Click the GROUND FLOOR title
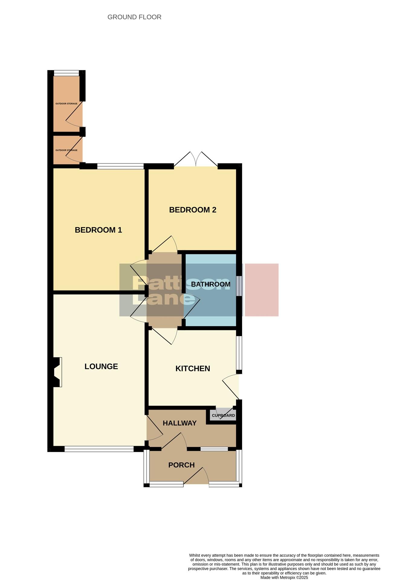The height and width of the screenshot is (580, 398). (x=134, y=17)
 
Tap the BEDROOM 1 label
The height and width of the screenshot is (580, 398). (x=98, y=230)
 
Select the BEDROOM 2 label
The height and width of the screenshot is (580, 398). (x=193, y=210)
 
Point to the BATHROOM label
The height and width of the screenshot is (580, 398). (x=211, y=284)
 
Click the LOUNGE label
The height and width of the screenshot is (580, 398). (x=101, y=366)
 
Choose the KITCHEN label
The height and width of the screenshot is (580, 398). (x=193, y=369)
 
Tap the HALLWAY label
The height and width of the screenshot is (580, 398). (x=180, y=423)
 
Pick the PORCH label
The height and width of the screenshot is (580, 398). (x=181, y=465)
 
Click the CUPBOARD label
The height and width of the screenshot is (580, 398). (x=223, y=416)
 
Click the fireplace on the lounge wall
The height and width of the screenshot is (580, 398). (x=57, y=372)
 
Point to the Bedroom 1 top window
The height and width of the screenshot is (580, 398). (x=120, y=166)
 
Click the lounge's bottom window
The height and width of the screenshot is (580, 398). (x=99, y=449)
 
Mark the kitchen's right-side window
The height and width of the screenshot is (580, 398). (x=239, y=353)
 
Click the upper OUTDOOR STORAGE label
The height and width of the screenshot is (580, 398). (x=66, y=104)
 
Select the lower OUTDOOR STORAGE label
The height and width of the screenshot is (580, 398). (x=66, y=150)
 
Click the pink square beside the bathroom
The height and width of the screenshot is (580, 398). (x=261, y=290)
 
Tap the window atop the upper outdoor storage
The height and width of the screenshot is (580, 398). (x=66, y=73)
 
